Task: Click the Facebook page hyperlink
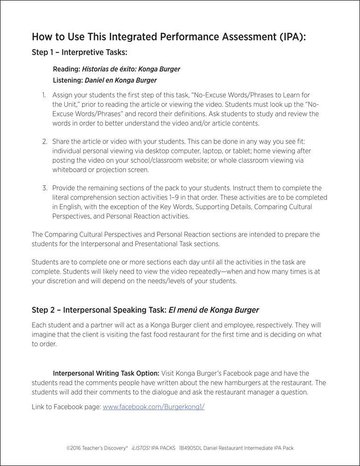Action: pos(154,406)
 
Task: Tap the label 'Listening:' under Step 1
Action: pos(68,80)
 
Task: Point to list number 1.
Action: pos(43,95)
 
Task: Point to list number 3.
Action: pos(44,188)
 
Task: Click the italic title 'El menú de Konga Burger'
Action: pos(206,309)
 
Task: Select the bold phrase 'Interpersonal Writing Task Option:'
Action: pos(106,373)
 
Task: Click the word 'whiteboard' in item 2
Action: pos(69,170)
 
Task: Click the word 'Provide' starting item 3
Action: pos(64,188)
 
